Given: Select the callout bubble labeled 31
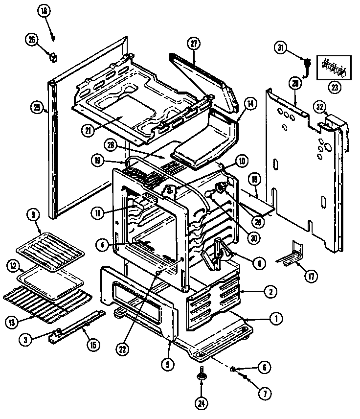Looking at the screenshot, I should [280, 47].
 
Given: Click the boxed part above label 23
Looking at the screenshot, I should [334, 68].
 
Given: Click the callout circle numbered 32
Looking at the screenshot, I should [319, 106].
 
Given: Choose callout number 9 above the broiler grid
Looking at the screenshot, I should [34, 214].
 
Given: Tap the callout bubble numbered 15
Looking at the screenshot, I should [92, 344].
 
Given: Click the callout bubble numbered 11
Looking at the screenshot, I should [97, 212].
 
